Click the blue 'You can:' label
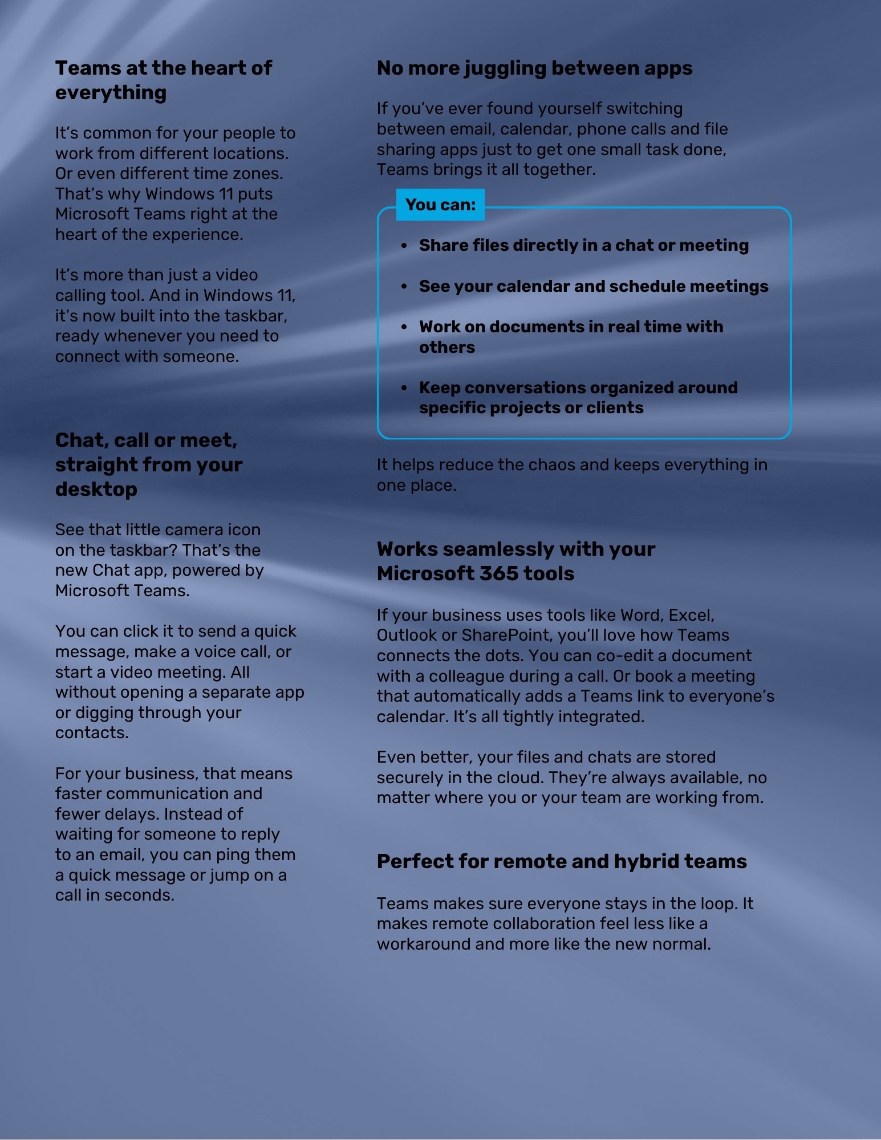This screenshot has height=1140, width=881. [440, 205]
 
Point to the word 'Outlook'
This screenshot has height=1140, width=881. [405, 635]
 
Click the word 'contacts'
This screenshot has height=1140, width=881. [91, 732]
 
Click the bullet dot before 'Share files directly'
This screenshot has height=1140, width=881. [404, 246]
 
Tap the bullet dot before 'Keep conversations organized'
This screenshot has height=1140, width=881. [404, 388]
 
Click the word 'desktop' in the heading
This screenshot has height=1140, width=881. [96, 489]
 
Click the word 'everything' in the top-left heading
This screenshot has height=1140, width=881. [111, 92]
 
